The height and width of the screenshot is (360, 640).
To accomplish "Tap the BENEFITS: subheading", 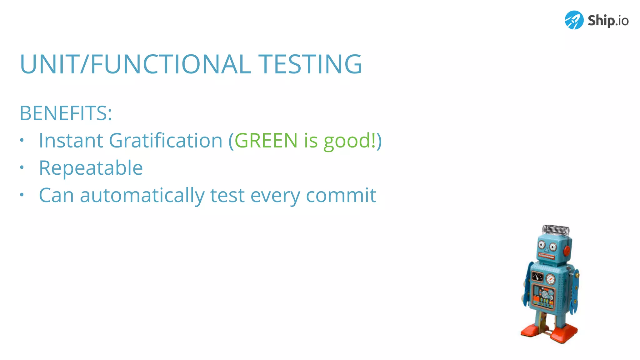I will click(x=66, y=113).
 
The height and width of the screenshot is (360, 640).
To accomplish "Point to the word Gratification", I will click(x=166, y=140).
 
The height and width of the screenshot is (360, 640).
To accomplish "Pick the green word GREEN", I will click(x=266, y=140).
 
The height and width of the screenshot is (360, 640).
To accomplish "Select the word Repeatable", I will click(x=91, y=168).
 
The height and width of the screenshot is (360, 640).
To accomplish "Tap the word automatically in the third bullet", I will click(x=142, y=196).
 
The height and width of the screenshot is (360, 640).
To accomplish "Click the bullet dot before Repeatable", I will click(x=22, y=168).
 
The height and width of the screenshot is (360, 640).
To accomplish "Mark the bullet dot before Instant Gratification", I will click(x=22, y=140).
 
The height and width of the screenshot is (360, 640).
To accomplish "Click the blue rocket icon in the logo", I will click(x=574, y=20).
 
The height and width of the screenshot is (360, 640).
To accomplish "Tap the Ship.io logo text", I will click(x=608, y=21).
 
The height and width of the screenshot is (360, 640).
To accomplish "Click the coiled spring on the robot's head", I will click(x=556, y=230).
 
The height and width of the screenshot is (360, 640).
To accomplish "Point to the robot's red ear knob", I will click(x=567, y=250).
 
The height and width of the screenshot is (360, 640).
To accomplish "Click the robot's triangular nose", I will click(x=547, y=250).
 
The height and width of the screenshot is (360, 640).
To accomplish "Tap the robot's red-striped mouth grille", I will click(x=546, y=257).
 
